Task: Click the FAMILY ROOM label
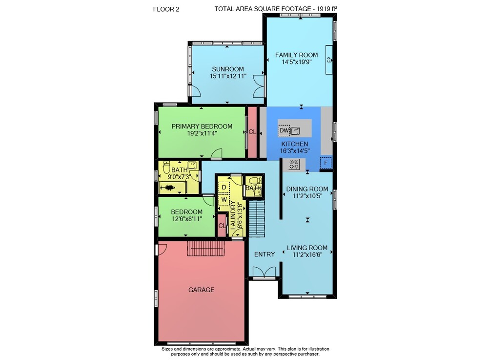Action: pos(296,55)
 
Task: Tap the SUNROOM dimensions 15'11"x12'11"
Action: pos(228,76)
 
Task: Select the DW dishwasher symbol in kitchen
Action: pos(284,130)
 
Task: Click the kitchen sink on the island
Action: pos(295,130)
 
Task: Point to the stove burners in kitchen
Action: pos(294,165)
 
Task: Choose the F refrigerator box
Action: pos(325,163)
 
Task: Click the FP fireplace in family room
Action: pos(329,60)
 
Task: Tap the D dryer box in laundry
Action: pos(224,188)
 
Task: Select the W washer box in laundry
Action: pos(224,200)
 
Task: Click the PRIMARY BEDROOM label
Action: pos(202,127)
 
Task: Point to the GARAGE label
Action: pos(202,290)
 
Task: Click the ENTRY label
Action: pos(264,254)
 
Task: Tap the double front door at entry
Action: pos(264,272)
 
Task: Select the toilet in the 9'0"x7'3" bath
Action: pos(167,167)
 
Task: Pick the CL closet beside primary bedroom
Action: pos(252,132)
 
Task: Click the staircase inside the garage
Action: pos(205,248)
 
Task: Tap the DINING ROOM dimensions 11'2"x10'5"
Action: pos(307,196)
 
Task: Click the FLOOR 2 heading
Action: pos(166,9)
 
